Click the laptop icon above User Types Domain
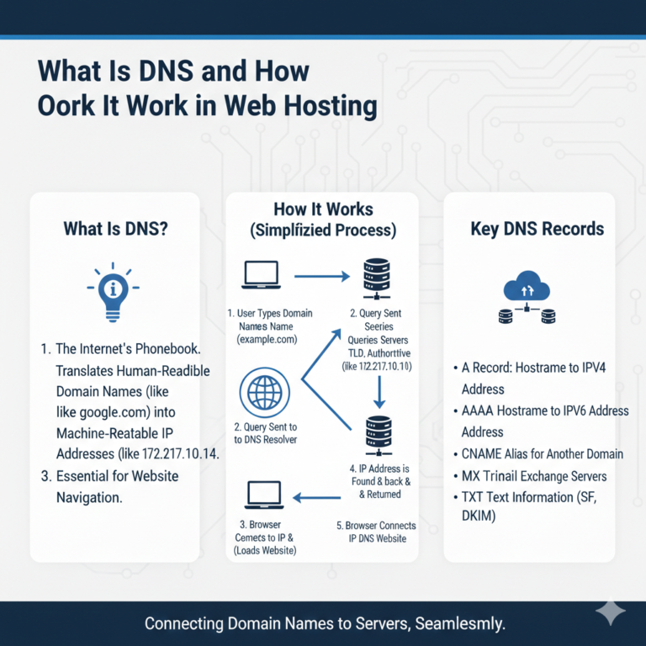261,275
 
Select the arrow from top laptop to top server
320,275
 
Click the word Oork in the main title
69,107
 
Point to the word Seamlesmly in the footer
458,624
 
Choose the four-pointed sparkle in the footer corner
610,613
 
